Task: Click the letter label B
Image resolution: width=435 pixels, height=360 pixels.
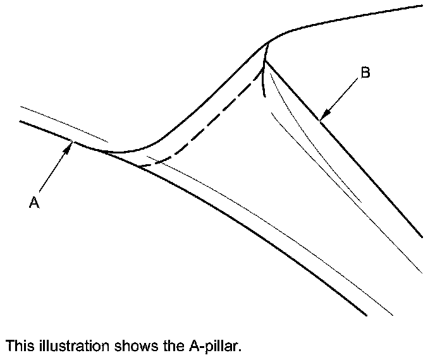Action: coord(365,73)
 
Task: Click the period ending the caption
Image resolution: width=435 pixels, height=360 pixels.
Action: coord(241,349)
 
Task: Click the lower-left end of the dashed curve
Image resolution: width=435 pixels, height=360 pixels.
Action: coord(138,166)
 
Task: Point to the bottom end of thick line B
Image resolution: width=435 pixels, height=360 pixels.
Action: coord(422,237)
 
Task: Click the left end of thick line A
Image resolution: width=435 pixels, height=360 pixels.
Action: coord(21,121)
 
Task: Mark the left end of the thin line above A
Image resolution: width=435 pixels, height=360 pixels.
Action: coord(21,107)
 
